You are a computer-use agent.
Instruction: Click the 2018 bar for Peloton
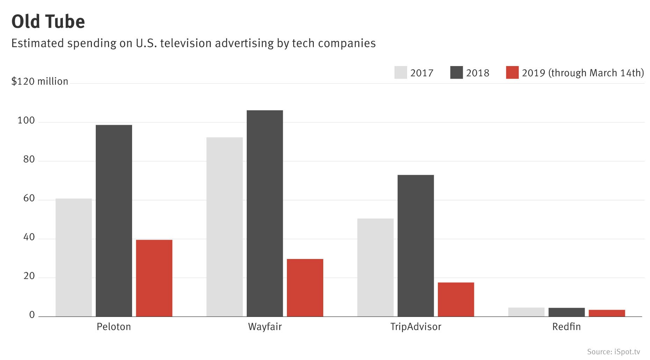114,221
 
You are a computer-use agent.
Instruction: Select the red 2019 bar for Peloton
154,278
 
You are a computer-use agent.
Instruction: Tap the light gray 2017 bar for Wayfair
224,227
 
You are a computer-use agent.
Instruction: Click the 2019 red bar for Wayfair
305,288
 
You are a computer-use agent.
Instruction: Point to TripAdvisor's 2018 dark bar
416,246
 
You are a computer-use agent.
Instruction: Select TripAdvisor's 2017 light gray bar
375,267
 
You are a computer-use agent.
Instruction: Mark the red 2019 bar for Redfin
607,313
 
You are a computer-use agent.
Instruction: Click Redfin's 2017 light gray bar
526,312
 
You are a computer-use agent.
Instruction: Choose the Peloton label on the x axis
114,327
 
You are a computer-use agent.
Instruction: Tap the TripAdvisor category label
416,327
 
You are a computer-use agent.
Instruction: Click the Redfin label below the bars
566,327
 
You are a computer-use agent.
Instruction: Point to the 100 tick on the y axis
26,121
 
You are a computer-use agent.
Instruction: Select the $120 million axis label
39,81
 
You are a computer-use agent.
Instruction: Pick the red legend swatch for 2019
512,73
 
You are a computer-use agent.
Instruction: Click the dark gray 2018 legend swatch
456,73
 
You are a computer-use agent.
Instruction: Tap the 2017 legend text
422,73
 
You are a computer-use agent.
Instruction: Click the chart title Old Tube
48,22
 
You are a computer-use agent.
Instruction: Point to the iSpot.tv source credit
614,352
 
